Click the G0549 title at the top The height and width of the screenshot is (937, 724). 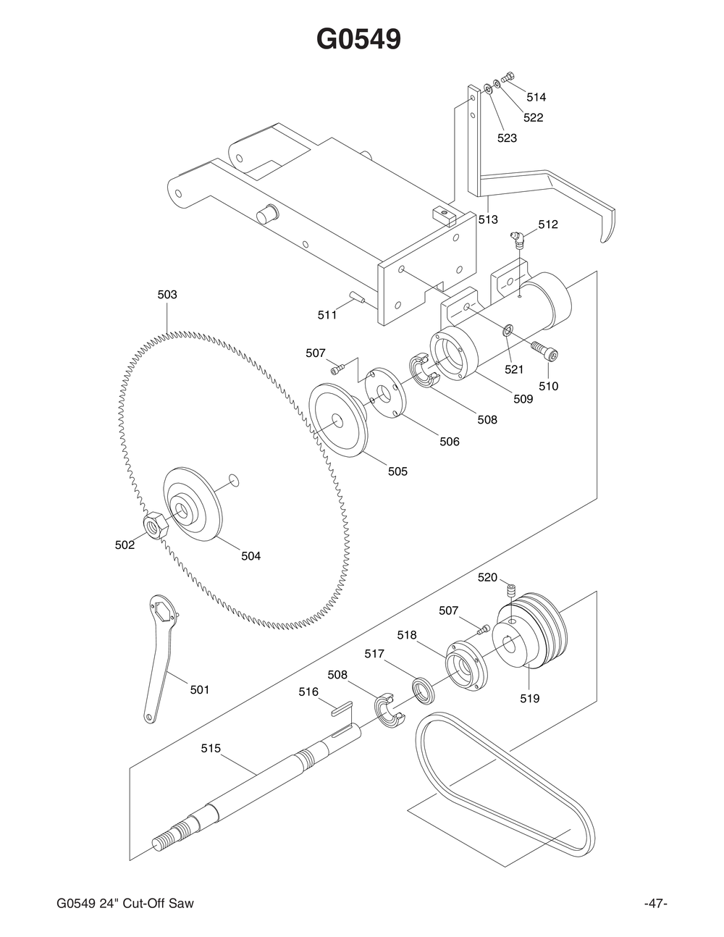click(x=358, y=40)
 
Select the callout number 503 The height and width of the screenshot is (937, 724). click(x=167, y=295)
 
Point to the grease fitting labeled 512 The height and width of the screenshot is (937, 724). click(x=517, y=240)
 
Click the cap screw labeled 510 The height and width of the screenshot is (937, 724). click(x=545, y=350)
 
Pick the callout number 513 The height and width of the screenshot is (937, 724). click(x=488, y=219)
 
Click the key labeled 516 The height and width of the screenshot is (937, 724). click(x=340, y=707)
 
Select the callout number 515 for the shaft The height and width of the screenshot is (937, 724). click(x=211, y=748)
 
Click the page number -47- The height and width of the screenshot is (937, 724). click(x=654, y=904)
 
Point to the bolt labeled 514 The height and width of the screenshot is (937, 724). click(x=508, y=77)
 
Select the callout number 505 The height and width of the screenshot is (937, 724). click(x=397, y=471)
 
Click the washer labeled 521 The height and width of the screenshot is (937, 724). click(x=508, y=331)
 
